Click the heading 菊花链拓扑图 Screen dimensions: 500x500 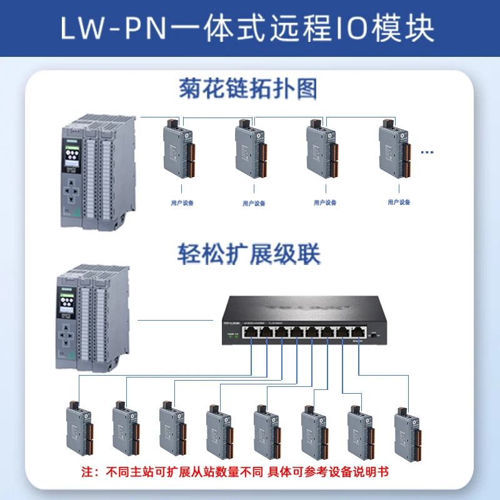tap(248, 89)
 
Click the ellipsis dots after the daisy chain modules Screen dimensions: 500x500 tap(427, 152)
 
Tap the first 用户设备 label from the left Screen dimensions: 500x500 tap(182, 203)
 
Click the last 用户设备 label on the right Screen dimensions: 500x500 tap(399, 202)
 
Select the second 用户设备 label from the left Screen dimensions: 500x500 tap(254, 203)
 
